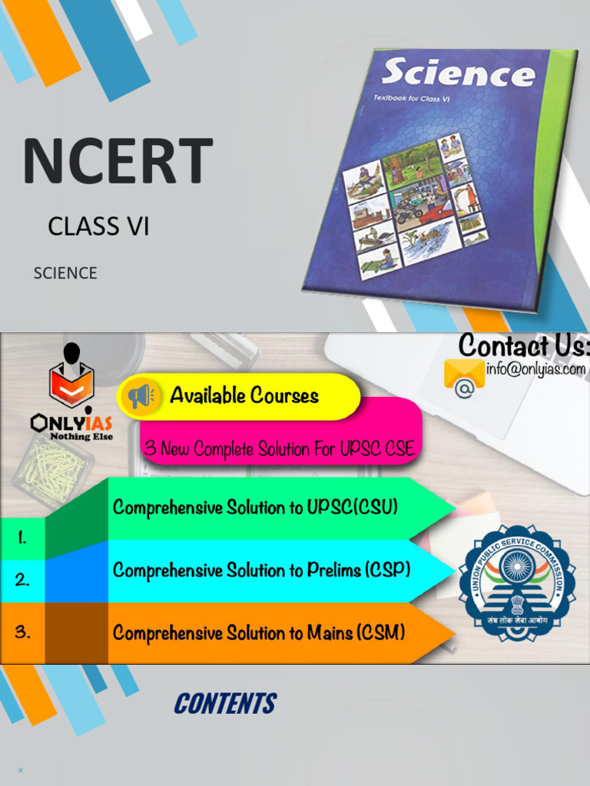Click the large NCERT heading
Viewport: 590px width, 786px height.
(x=118, y=161)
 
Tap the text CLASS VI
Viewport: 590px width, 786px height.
(x=98, y=226)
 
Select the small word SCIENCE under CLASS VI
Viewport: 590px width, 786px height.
(x=65, y=273)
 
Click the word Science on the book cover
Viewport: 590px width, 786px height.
(x=458, y=74)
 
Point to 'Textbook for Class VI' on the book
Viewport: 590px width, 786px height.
(x=412, y=98)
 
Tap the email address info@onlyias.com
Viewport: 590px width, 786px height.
(x=535, y=369)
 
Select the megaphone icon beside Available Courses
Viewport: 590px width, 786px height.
(x=141, y=396)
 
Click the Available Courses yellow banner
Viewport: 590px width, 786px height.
(x=244, y=396)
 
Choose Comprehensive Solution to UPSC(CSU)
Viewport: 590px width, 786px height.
(x=255, y=507)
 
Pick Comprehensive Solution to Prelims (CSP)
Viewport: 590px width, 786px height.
(x=261, y=570)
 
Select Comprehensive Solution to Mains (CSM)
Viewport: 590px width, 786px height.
(x=259, y=633)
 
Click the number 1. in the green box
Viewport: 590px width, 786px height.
(x=22, y=538)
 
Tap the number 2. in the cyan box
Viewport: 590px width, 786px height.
(x=22, y=580)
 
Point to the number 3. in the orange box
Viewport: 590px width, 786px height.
(x=22, y=632)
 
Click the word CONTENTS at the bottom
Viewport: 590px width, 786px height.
(x=224, y=703)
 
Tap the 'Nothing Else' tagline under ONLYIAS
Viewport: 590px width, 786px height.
(x=81, y=437)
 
